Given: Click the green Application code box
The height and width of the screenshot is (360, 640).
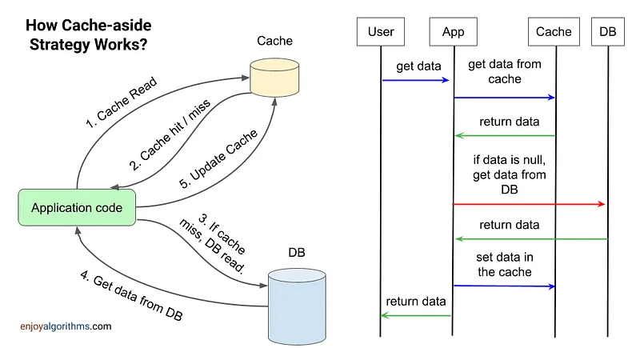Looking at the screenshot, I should [77, 208].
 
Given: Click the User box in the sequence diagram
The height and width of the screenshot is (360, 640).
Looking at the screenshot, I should [382, 32].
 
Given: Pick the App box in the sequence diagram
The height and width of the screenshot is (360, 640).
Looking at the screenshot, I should [453, 32].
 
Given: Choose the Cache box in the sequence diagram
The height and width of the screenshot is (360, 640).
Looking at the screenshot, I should [554, 32].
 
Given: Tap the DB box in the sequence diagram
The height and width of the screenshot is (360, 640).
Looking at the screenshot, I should [608, 32].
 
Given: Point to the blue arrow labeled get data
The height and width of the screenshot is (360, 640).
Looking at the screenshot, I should [416, 80].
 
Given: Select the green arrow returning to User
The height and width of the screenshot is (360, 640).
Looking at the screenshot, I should [416, 315].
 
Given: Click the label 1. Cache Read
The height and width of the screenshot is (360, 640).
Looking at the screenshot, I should [121, 102].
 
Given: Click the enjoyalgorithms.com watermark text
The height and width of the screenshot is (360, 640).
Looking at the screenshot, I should [66, 326].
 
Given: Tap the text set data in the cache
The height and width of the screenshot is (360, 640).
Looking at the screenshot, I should [504, 264].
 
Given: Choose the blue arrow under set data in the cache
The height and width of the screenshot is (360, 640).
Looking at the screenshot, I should [504, 286].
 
